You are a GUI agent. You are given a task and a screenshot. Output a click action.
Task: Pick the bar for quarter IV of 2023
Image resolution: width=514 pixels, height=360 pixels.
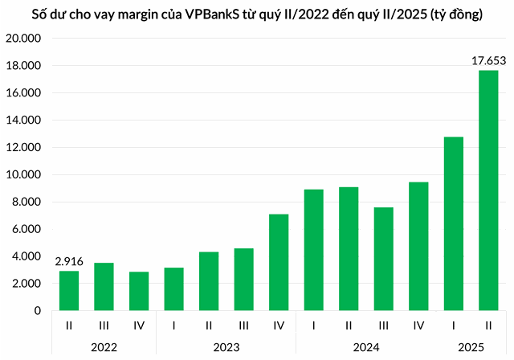click(x=279, y=262)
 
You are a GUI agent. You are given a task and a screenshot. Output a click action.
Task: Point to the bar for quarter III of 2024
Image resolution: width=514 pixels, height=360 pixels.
click(x=383, y=259)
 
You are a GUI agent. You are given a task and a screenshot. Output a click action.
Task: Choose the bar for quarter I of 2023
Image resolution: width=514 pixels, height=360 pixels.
click(x=173, y=288)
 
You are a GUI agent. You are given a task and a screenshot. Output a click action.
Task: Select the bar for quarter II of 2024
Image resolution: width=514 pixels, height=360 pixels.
click(x=349, y=248)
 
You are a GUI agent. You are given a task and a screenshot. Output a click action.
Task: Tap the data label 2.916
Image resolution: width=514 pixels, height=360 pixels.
click(x=69, y=261)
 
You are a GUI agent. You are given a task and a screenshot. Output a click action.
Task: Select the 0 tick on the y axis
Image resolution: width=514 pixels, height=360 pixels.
click(x=38, y=310)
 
